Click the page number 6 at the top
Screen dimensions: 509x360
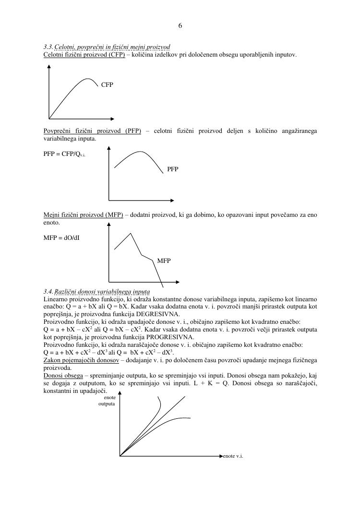coord(180,26)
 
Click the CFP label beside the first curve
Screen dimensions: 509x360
coord(107,85)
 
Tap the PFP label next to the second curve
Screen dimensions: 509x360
coord(173,169)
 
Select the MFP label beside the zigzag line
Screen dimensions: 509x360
coord(164,260)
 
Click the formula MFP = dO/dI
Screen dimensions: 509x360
coord(61,237)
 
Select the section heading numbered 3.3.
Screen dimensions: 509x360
coord(107,47)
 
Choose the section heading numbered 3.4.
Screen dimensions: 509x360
coord(96,292)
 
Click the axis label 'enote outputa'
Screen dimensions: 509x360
coord(107,401)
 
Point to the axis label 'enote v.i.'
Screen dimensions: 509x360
coord(233,455)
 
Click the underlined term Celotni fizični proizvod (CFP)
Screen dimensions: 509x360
coord(84,55)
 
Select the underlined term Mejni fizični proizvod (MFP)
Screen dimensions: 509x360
coord(83,215)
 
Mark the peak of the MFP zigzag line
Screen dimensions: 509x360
coord(131,233)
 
